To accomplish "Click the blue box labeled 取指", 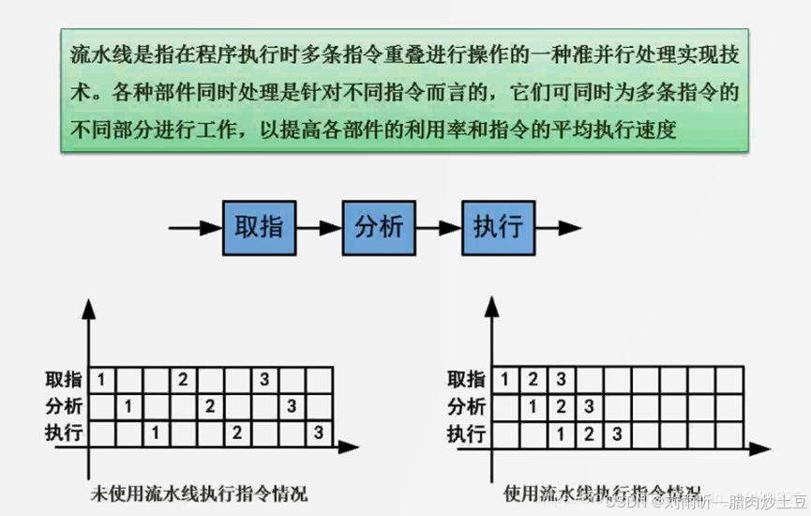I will (x=260, y=226).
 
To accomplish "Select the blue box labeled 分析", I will (x=379, y=226).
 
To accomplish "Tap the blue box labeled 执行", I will (x=498, y=226).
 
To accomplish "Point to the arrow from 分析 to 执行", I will (x=439, y=227).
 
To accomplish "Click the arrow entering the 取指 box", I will (x=195, y=227).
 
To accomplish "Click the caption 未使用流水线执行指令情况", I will (x=198, y=493).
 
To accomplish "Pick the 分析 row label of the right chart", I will (x=467, y=406).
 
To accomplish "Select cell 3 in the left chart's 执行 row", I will (x=319, y=433).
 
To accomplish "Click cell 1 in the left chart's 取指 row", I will (x=101, y=379).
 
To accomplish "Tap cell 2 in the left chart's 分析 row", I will (x=210, y=406).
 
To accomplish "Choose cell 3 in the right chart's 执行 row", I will (x=616, y=433).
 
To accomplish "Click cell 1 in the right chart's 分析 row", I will (x=533, y=406).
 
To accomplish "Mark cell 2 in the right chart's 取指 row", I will (x=533, y=379).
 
